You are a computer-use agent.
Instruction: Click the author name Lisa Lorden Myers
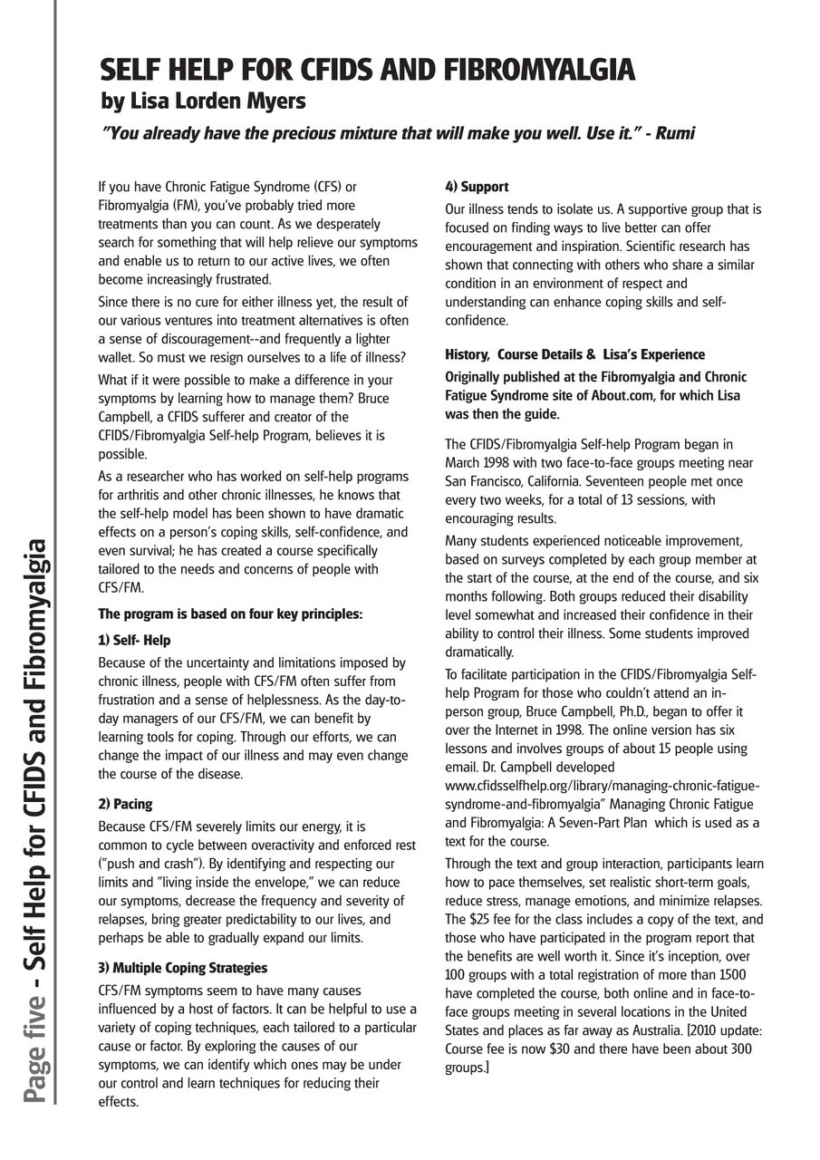coord(203,100)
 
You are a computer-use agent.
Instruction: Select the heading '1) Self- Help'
coord(134,641)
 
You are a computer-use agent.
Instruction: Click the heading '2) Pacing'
coord(125,804)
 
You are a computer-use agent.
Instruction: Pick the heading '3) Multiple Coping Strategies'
coord(182,968)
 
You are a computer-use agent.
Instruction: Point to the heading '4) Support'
coord(477,187)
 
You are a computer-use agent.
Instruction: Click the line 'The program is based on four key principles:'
coord(229,614)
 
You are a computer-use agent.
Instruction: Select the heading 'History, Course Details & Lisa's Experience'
coord(574,354)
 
